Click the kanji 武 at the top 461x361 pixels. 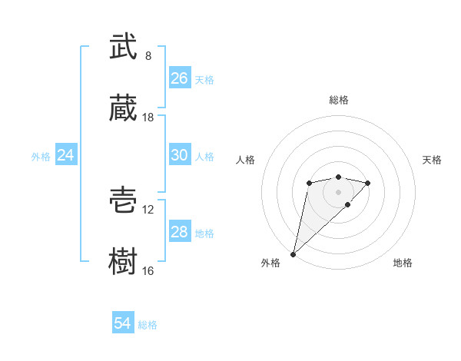123,48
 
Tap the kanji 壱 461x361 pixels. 123,201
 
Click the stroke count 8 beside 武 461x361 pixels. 148,56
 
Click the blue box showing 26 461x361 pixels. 180,78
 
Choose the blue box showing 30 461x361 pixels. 180,155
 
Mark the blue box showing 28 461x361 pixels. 180,232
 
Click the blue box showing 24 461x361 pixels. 66,155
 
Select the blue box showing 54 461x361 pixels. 123,323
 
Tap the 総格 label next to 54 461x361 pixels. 148,325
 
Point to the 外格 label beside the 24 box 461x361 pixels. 41,157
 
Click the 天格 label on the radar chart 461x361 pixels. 432,160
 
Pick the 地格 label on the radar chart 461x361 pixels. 403,263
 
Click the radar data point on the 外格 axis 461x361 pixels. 293,253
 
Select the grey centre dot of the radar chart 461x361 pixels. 338,191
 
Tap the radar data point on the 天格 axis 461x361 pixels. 368,183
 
